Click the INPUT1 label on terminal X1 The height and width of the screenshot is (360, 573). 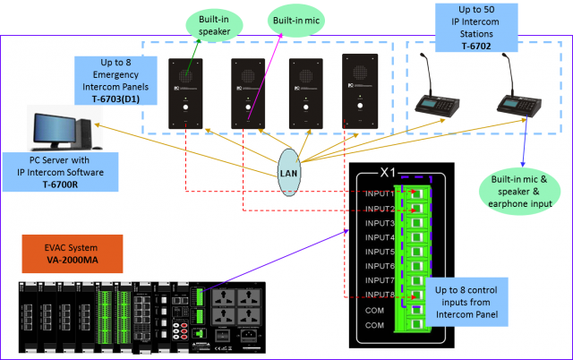[x=381, y=194]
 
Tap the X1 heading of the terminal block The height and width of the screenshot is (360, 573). [x=388, y=172]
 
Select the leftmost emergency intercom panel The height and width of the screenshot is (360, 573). [x=186, y=93]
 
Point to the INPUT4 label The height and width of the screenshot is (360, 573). [x=381, y=237]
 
